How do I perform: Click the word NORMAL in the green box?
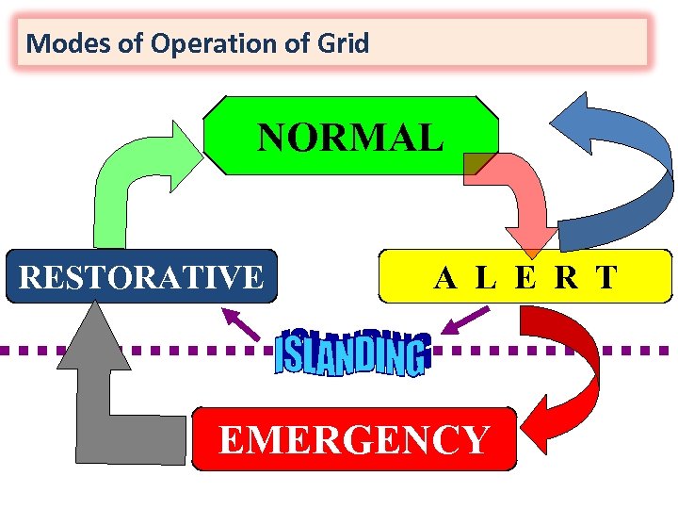[350, 138]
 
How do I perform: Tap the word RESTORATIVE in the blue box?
[141, 277]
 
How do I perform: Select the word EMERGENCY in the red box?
[354, 439]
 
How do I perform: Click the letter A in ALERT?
[446, 277]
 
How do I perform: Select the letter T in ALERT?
[606, 277]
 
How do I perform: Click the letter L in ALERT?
[486, 277]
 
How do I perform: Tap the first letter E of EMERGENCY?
[231, 439]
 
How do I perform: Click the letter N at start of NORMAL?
[272, 138]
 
